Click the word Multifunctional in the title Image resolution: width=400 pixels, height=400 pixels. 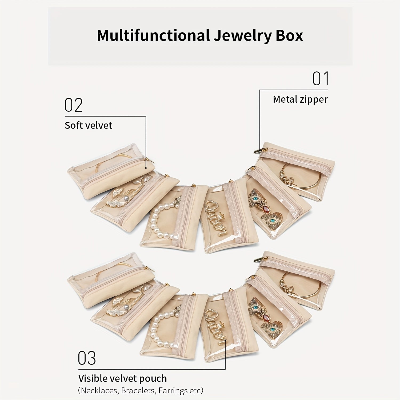(153, 35)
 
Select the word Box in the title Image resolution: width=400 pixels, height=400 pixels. (289, 35)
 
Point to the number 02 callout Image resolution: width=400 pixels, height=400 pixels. (74, 105)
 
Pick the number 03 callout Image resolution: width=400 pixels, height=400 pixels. (87, 358)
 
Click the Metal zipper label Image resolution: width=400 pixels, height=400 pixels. (300, 99)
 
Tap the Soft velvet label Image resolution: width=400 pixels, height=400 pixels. (88, 125)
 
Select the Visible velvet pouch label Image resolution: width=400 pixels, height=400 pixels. (122, 378)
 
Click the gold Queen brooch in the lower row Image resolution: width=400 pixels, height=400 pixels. (215, 327)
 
